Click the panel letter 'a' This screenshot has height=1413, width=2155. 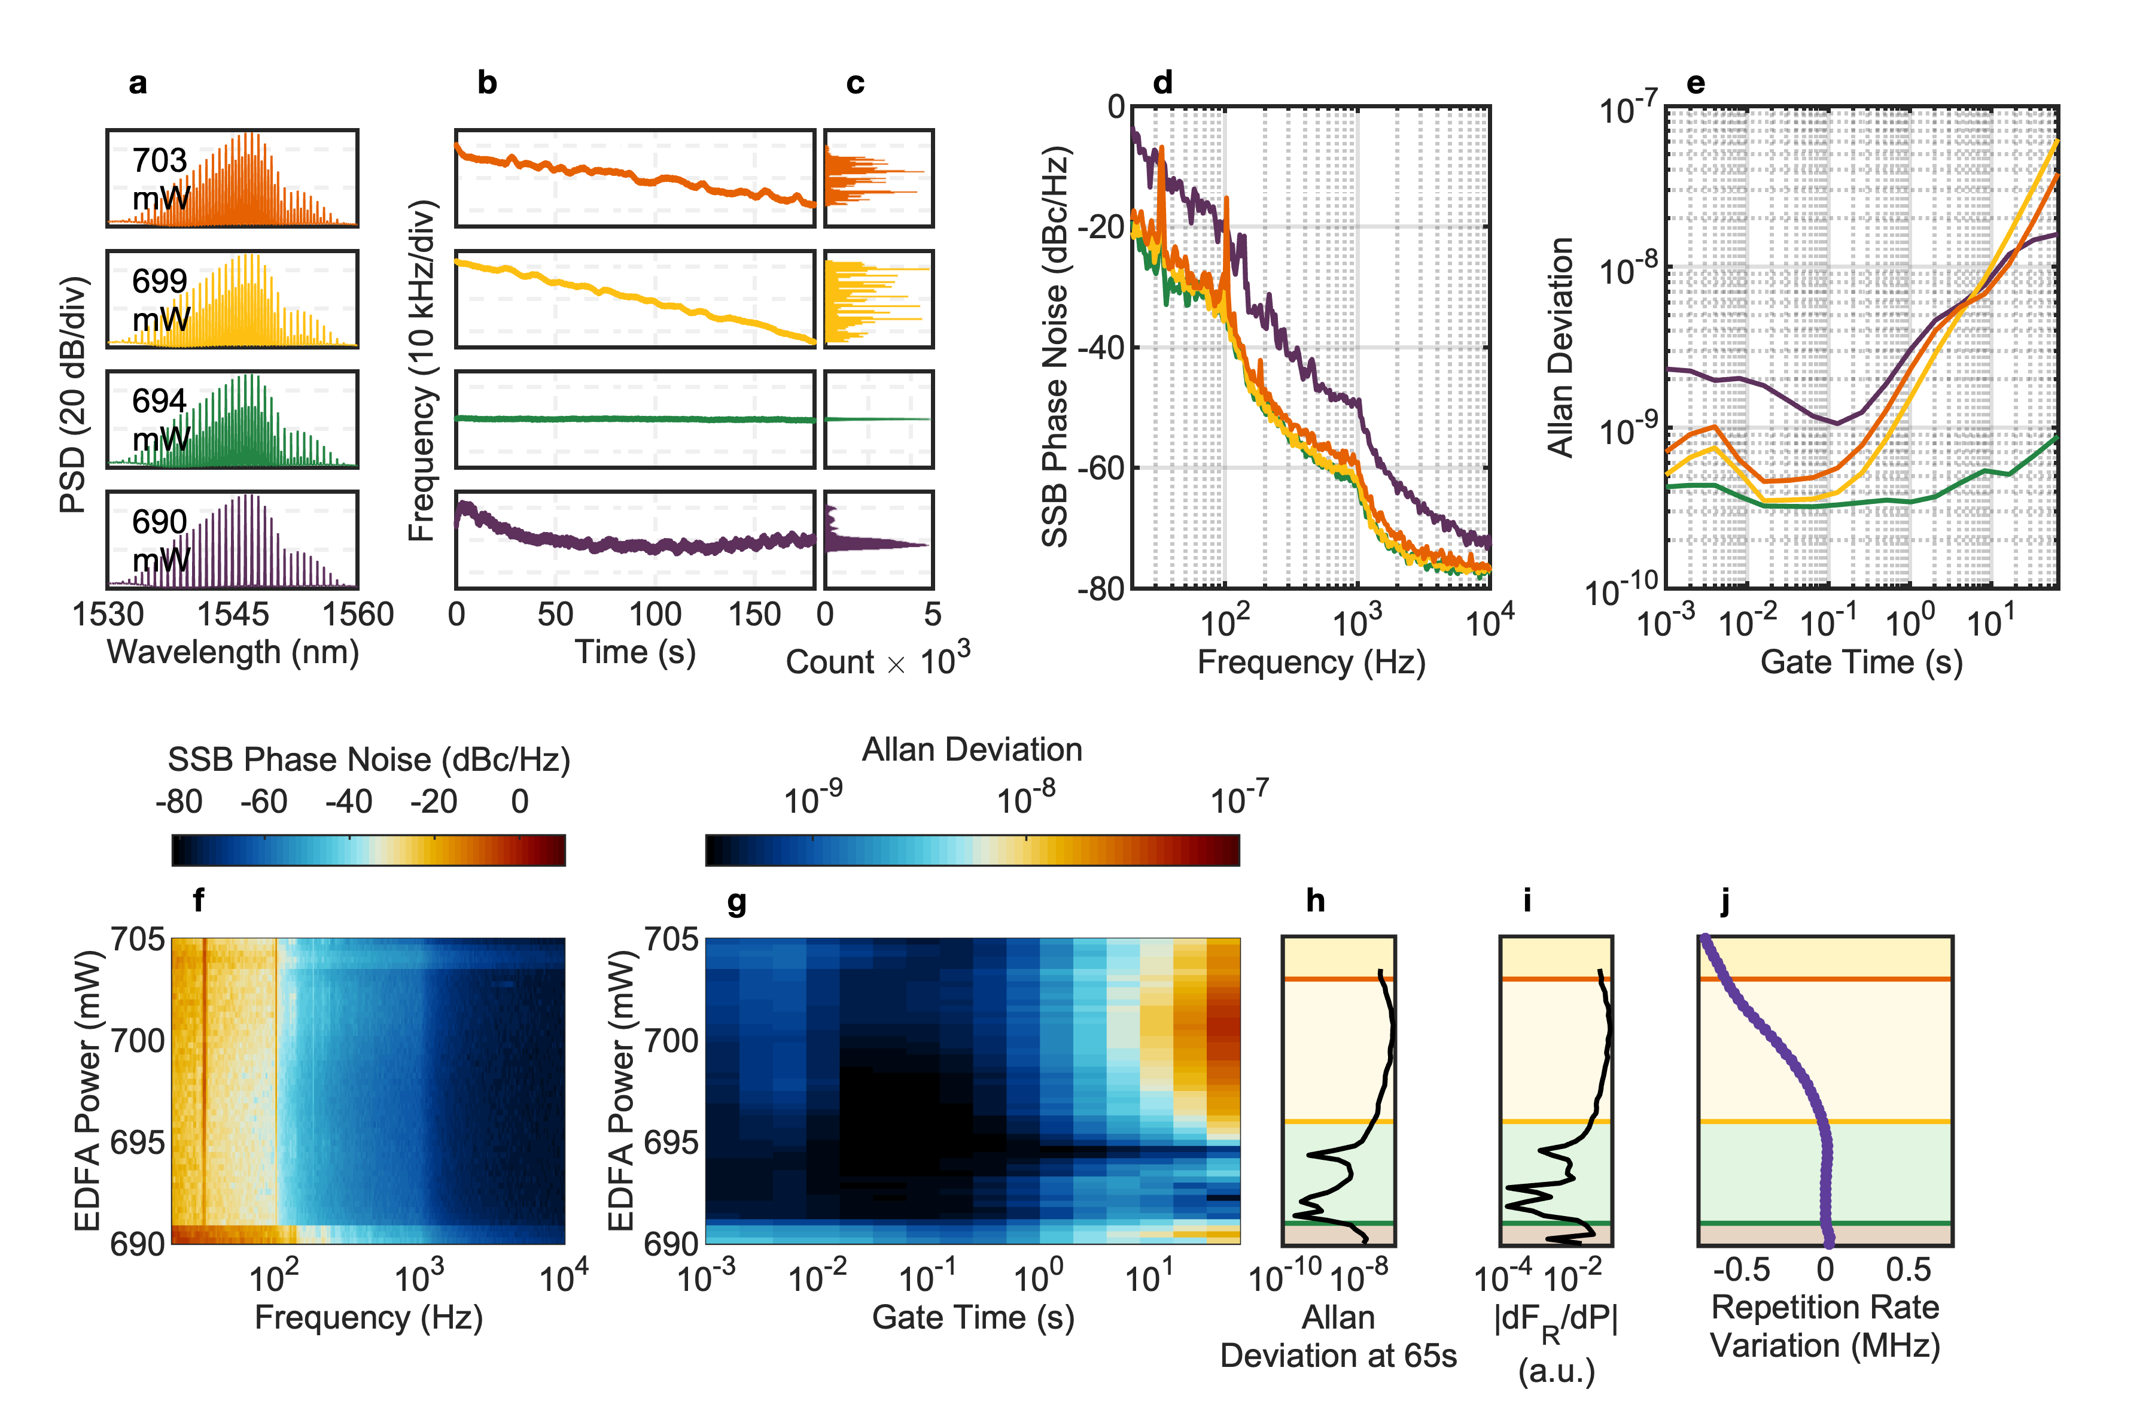138,83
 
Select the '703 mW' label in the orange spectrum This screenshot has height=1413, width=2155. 160,178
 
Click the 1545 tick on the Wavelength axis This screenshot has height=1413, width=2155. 233,615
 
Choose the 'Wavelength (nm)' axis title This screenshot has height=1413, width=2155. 233,652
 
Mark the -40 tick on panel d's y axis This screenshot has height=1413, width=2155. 1102,348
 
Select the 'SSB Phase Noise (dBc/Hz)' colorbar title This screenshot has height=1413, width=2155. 369,760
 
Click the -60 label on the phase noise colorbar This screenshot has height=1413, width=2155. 263,801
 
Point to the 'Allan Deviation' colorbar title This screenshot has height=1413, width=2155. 972,750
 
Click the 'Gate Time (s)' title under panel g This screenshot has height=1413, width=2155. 972,1317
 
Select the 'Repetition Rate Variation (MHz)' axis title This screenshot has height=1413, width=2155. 1825,1326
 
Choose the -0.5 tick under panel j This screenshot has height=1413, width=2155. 1740,1270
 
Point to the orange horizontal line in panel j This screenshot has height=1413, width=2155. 1825,979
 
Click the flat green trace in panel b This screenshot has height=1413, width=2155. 634,418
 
